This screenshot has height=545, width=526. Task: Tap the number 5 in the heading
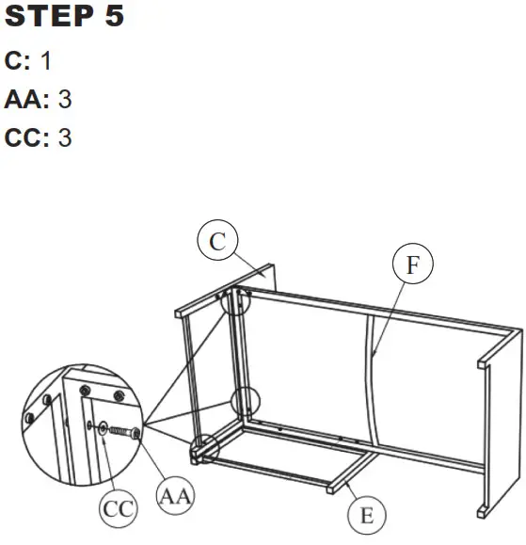click(113, 18)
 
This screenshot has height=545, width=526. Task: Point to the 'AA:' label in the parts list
click(26, 98)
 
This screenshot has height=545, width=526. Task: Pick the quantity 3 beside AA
click(65, 98)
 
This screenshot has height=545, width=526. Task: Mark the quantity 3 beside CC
click(65, 137)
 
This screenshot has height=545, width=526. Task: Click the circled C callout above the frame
click(217, 242)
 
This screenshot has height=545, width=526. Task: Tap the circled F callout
click(412, 266)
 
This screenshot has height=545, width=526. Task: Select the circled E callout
click(366, 515)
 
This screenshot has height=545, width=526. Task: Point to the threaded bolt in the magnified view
click(120, 431)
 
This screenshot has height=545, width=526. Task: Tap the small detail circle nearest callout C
click(237, 300)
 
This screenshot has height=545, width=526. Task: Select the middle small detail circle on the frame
click(244, 401)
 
